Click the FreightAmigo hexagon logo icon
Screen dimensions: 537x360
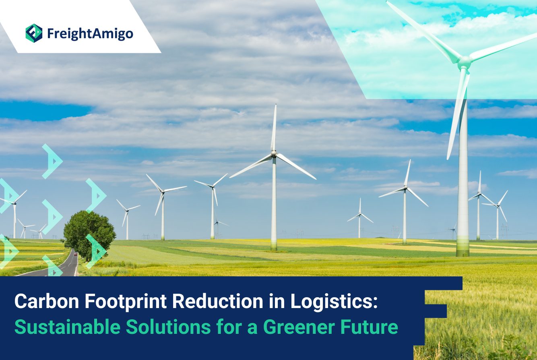click(34, 33)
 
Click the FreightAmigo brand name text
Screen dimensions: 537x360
click(90, 34)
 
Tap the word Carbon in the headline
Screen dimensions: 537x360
click(47, 301)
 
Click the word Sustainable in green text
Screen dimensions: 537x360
click(67, 327)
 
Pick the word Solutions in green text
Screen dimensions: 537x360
click(168, 327)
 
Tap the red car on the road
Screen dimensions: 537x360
click(76, 254)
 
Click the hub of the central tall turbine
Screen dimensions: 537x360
click(274, 154)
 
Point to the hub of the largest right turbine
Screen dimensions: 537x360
click(465, 61)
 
